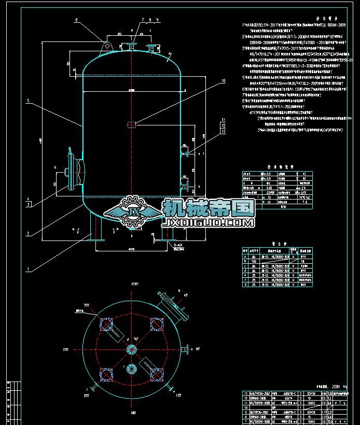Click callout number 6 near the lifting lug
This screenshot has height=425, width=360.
76,20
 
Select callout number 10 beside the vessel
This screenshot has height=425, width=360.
223,81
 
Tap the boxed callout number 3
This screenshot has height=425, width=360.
29,205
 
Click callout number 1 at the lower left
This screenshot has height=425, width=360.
28,270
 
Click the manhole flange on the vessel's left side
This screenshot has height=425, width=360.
69,169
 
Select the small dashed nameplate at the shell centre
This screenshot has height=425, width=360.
132,124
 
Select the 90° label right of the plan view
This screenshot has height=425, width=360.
198,349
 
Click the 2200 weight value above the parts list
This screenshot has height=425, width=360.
324,386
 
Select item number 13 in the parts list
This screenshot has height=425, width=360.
245,394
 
